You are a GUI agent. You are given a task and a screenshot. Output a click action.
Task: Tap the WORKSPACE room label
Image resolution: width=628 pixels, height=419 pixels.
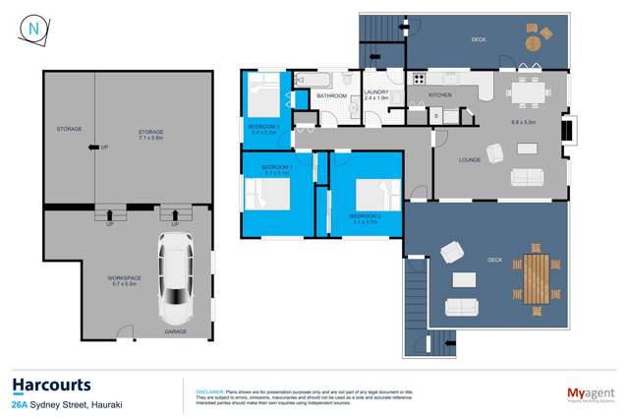125,280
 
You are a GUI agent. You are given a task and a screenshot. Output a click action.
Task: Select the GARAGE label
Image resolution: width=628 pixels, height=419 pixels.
176,331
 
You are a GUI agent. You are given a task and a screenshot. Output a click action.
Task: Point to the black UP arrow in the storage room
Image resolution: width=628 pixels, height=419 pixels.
93,148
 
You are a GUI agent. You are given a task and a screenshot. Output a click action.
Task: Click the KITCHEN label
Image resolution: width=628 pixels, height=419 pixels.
439,95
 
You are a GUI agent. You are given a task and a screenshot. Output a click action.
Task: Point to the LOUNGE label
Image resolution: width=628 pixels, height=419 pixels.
469,159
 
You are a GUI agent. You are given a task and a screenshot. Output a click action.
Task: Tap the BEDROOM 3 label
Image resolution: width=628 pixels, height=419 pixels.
262,128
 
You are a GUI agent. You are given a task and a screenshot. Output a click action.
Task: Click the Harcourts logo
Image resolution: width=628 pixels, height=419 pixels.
51,385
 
